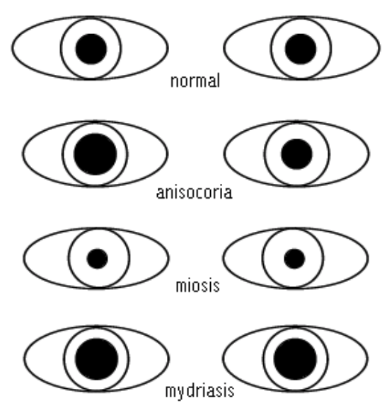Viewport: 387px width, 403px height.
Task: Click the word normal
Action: pos(195,81)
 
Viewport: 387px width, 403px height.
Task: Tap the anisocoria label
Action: pos(195,192)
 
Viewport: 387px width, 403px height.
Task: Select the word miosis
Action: pos(197,286)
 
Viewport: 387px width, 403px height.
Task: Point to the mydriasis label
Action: pos(200,392)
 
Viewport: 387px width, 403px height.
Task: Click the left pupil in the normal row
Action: pos(91,49)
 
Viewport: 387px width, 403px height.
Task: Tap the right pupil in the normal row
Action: pos(301,49)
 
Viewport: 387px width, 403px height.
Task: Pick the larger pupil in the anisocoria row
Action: pos(96,154)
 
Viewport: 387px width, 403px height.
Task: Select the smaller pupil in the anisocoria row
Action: pos(296,154)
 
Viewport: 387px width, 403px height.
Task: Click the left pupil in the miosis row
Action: pos(97,259)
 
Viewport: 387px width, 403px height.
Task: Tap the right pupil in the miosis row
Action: pos(294,259)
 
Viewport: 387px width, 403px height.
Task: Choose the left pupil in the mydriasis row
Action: pos(97,359)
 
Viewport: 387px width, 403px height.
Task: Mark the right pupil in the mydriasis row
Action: pos(295,359)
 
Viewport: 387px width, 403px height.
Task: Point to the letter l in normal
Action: pos(219,80)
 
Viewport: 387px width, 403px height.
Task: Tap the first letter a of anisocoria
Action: pos(160,193)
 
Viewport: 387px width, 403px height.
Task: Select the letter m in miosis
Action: pos(182,287)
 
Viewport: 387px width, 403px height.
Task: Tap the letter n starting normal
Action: pos(175,82)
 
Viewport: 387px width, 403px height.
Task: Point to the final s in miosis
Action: pos(216,287)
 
